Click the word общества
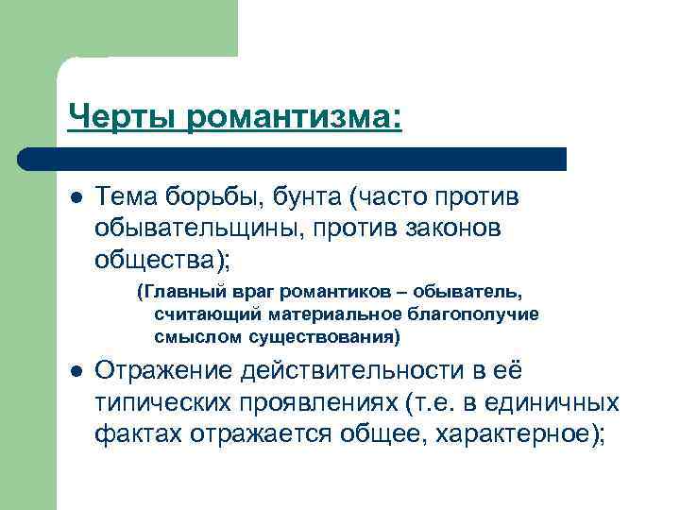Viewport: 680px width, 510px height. point(145,258)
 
